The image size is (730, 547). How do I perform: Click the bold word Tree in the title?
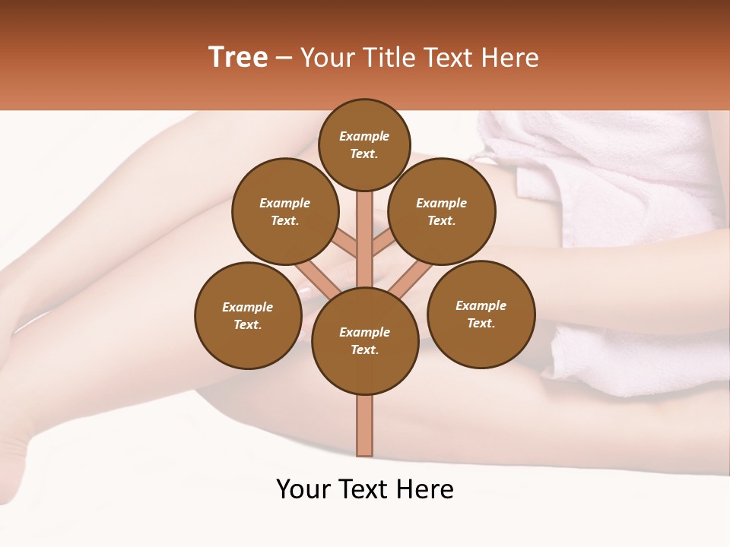[237, 58]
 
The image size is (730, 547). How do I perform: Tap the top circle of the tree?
[364, 144]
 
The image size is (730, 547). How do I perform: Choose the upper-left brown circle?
[285, 211]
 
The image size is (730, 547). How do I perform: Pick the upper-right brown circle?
[442, 211]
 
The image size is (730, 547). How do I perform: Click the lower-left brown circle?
[248, 315]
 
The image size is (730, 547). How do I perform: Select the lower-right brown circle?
[481, 314]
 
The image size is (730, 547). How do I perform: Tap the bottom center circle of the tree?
[365, 340]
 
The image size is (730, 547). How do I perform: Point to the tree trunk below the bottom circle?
[365, 425]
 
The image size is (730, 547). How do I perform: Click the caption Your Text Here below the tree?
[365, 489]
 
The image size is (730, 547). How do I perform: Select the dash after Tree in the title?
[284, 58]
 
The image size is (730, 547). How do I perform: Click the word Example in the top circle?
[364, 137]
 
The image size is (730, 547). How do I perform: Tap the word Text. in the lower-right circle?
[481, 323]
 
